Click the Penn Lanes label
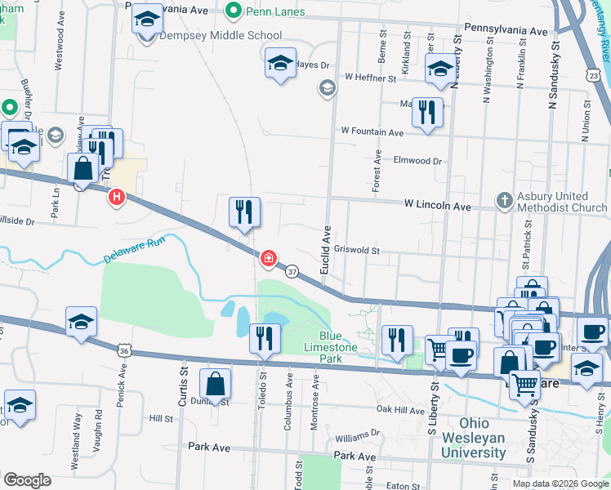pyautogui.click(x=277, y=11)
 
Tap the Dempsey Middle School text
pyautogui.click(x=221, y=36)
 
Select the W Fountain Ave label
pyautogui.click(x=372, y=131)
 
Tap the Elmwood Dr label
pyautogui.click(x=417, y=161)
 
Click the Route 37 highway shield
pyautogui.click(x=291, y=271)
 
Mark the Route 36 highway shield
pyautogui.click(x=124, y=350)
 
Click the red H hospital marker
pyautogui.click(x=118, y=197)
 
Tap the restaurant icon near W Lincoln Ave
pyautogui.click(x=244, y=212)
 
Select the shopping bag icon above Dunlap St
pyautogui.click(x=215, y=383)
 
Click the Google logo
pyautogui.click(x=27, y=480)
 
